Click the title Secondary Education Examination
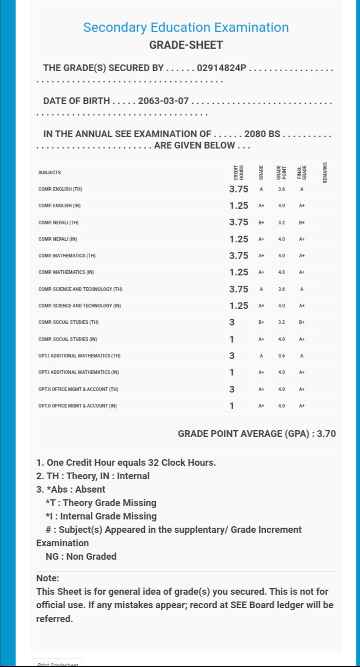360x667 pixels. (x=186, y=27)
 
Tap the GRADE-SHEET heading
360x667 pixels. (x=186, y=45)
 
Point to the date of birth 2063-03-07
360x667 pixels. (x=163, y=101)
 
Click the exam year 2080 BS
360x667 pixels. (x=262, y=134)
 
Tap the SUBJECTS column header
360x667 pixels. (x=50, y=172)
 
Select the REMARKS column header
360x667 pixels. (x=325, y=172)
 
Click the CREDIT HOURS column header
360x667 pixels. (x=238, y=172)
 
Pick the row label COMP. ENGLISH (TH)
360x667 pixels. (x=60, y=189)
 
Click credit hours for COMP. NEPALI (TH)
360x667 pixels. (x=239, y=222)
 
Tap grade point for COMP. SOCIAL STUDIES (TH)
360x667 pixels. (x=282, y=322)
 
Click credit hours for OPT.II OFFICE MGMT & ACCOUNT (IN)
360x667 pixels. (x=232, y=406)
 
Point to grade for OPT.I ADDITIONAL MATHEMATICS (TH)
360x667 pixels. (x=261, y=356)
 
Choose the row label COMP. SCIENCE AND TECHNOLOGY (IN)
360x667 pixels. (x=79, y=306)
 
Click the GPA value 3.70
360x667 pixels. (x=326, y=434)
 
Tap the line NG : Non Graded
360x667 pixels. (x=81, y=556)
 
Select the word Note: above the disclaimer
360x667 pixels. (x=48, y=578)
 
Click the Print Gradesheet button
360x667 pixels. (x=58, y=664)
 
